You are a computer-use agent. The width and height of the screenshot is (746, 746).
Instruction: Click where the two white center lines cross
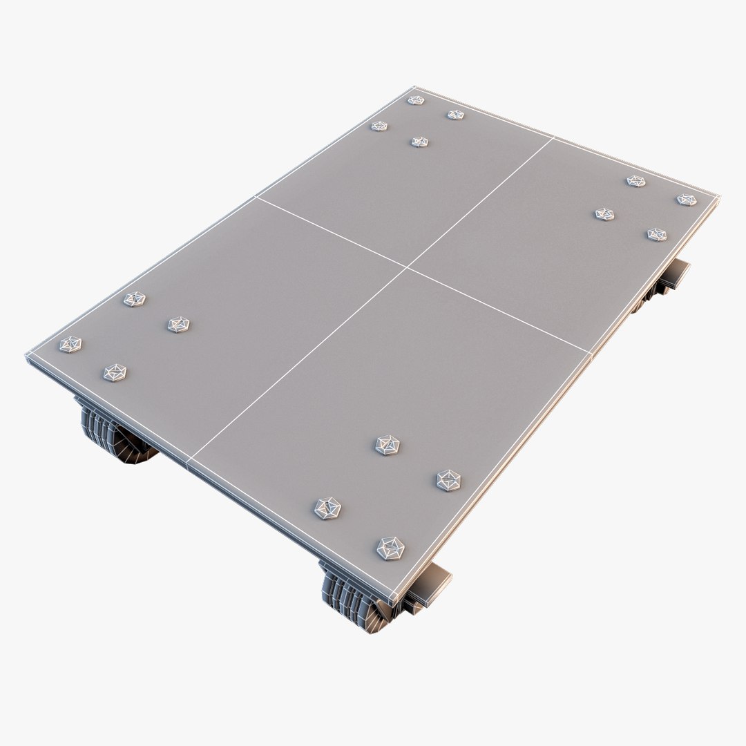point(408,267)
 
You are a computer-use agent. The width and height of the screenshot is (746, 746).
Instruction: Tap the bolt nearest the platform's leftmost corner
point(70,344)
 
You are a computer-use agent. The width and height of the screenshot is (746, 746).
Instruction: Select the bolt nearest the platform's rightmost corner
point(686,200)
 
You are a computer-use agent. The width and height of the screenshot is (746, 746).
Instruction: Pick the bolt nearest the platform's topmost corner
point(415,100)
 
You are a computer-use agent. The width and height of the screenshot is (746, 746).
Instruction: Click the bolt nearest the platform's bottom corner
point(390,548)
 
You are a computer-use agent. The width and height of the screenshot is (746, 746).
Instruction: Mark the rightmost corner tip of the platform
point(719,196)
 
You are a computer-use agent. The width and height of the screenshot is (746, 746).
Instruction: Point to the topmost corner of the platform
point(415,87)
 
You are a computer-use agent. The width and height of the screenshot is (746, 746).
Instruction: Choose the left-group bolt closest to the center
point(178,324)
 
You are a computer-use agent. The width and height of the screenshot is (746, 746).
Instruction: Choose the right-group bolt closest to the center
point(604,214)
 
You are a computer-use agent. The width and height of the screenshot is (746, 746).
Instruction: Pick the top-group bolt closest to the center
point(419,142)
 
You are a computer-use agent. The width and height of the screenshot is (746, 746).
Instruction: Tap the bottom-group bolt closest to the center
point(388,445)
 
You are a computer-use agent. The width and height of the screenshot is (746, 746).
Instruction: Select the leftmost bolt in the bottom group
point(327,508)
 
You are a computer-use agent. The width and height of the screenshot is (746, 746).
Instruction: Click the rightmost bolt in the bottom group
point(449,480)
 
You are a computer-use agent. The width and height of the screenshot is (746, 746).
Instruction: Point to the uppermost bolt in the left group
point(135,299)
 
